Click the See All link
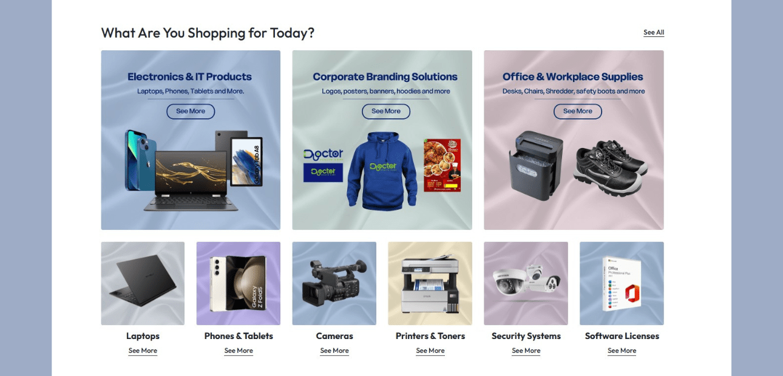coord(654,33)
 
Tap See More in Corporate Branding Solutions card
coord(386,112)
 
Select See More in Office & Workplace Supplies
coord(577,112)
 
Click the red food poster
coord(442,165)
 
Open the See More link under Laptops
coord(143,351)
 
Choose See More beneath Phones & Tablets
coord(239,351)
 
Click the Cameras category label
coord(334,336)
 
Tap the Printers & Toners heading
coord(430,336)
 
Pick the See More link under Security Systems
coord(526,351)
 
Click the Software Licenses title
coord(622,336)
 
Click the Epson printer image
coord(430,284)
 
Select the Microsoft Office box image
coord(622,283)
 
